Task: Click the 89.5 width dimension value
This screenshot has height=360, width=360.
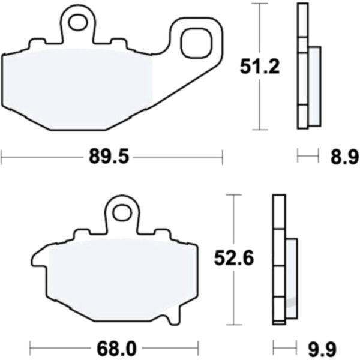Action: click(x=109, y=157)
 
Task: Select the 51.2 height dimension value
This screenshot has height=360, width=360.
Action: click(x=260, y=67)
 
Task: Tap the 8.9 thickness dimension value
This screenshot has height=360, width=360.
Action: click(x=344, y=157)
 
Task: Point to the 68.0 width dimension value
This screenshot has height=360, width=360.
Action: click(x=116, y=349)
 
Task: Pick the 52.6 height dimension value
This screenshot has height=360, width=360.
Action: click(x=234, y=259)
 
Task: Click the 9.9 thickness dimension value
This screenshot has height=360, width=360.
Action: click(x=322, y=349)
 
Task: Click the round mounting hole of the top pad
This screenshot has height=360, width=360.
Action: click(x=78, y=22)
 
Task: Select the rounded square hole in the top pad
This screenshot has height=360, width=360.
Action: click(x=196, y=43)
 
